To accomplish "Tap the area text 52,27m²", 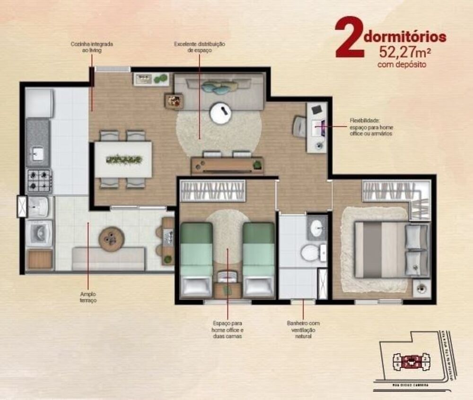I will (401, 52).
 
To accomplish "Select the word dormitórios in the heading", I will (405, 36).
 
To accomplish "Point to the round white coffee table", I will (220, 113).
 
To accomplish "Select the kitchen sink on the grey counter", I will (37, 153).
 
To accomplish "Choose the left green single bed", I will (196, 258).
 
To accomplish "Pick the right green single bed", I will (258, 258).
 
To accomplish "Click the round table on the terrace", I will (112, 238).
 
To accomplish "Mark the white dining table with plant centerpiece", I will (123, 160).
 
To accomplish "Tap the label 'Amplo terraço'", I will (88, 297).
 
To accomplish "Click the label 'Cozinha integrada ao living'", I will (92, 47).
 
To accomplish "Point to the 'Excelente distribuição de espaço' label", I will (199, 47).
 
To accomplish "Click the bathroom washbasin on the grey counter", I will (316, 228).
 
